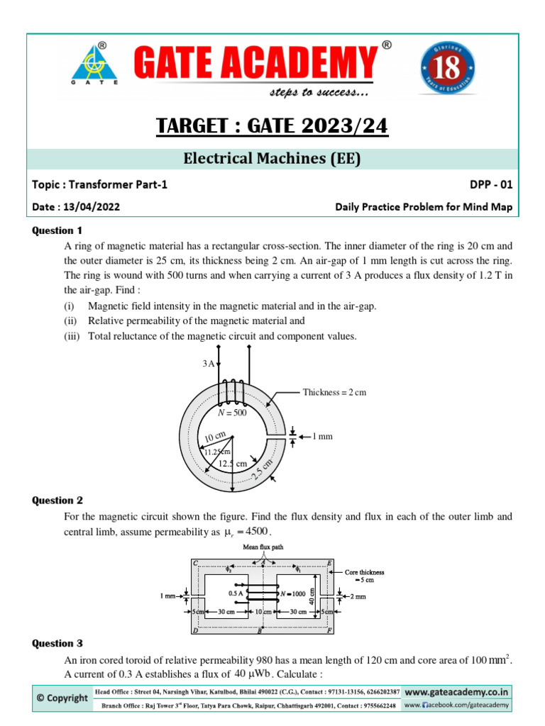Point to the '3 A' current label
coord(209,364)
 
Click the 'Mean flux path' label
coord(263,547)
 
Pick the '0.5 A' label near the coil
coord(237,593)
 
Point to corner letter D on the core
coord(194,630)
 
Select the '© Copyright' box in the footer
coord(63,698)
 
